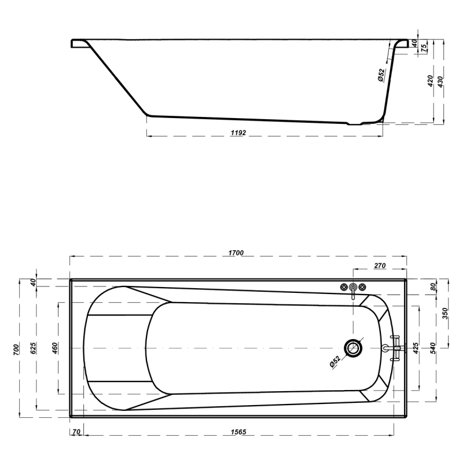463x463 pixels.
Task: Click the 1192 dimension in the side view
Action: (x=238, y=133)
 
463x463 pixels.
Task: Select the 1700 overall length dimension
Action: (x=236, y=253)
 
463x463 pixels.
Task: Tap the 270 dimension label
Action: (x=380, y=266)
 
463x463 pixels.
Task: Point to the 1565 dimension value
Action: (x=238, y=432)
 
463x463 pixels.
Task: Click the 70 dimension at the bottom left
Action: (x=76, y=432)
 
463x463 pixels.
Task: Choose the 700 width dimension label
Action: (x=16, y=350)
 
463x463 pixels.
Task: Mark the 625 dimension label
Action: (x=34, y=348)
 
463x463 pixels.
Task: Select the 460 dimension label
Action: (x=55, y=348)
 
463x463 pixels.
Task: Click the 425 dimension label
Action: (x=416, y=348)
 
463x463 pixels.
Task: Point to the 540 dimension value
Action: (x=432, y=348)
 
